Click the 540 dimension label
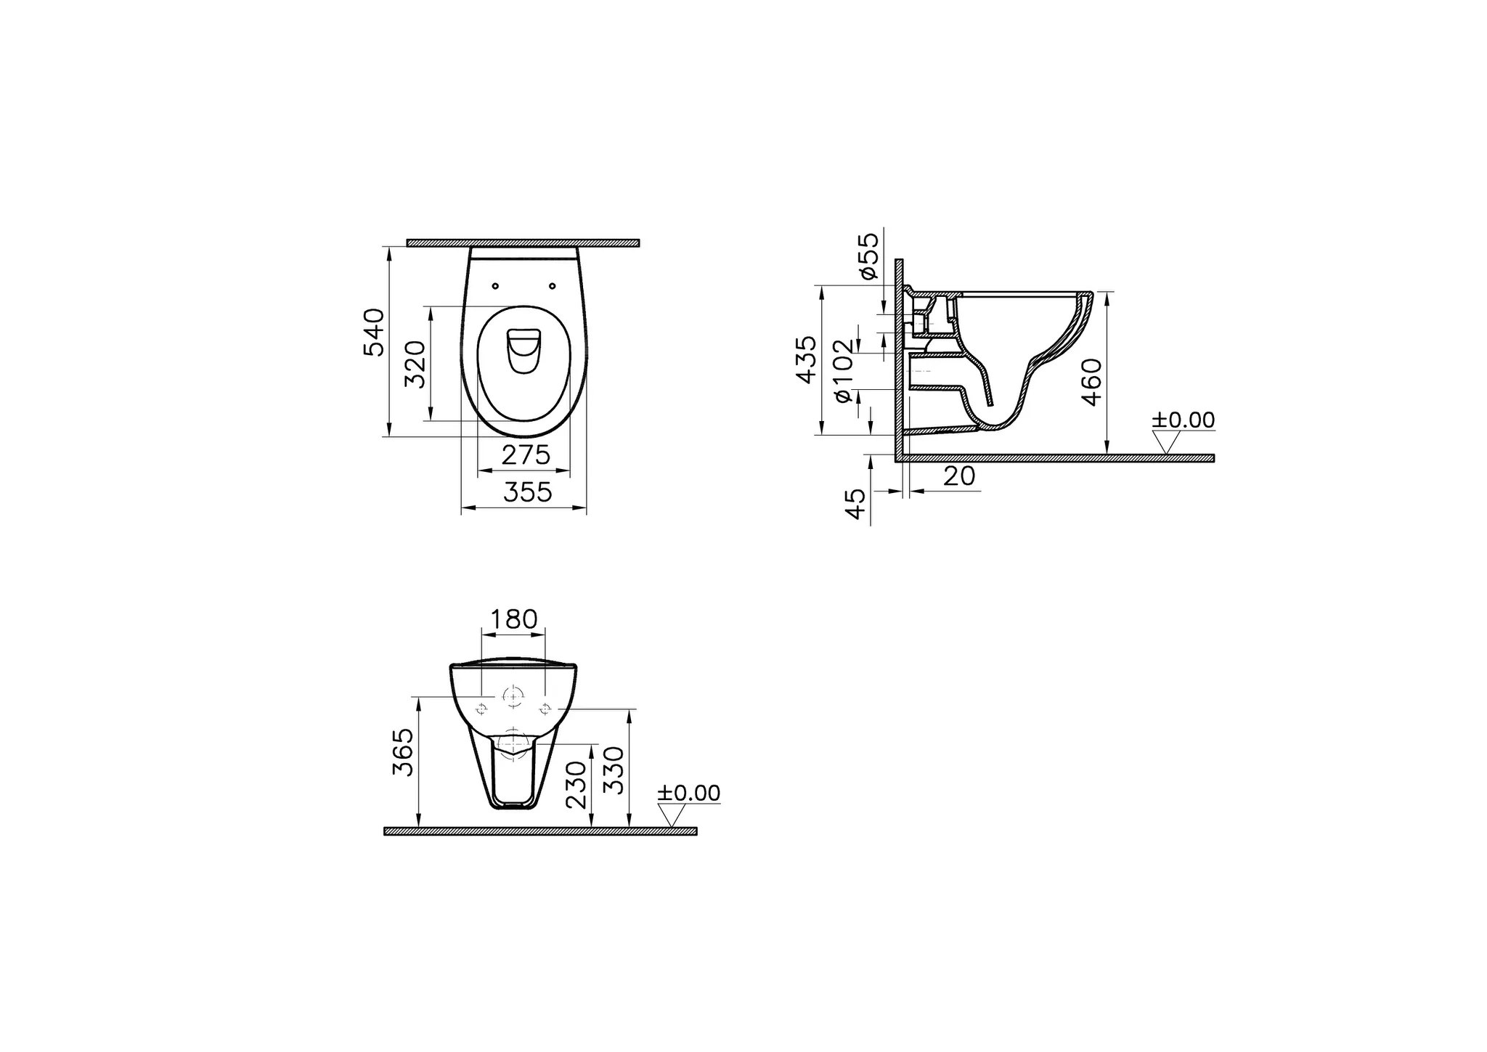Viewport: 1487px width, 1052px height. (x=374, y=333)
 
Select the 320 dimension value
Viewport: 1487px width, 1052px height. (x=415, y=364)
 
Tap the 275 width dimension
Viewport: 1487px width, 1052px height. (x=526, y=455)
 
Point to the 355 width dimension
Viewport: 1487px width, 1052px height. (x=528, y=492)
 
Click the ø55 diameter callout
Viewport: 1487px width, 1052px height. (x=868, y=255)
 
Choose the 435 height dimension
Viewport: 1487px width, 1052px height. (x=806, y=359)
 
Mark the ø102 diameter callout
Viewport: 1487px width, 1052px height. (x=842, y=371)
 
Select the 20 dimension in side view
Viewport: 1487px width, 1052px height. (x=959, y=476)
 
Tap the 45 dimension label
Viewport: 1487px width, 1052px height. (x=857, y=503)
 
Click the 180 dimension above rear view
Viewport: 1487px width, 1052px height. (x=513, y=619)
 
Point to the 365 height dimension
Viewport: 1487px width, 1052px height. (x=403, y=752)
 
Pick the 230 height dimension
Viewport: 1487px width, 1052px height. (x=576, y=785)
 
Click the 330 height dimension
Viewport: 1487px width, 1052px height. (x=614, y=770)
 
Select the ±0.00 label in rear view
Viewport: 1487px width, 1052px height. (x=688, y=793)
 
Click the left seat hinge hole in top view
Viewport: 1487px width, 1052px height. (x=495, y=285)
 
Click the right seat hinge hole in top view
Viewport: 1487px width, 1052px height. (x=553, y=285)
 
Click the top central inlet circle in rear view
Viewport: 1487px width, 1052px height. (x=513, y=697)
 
